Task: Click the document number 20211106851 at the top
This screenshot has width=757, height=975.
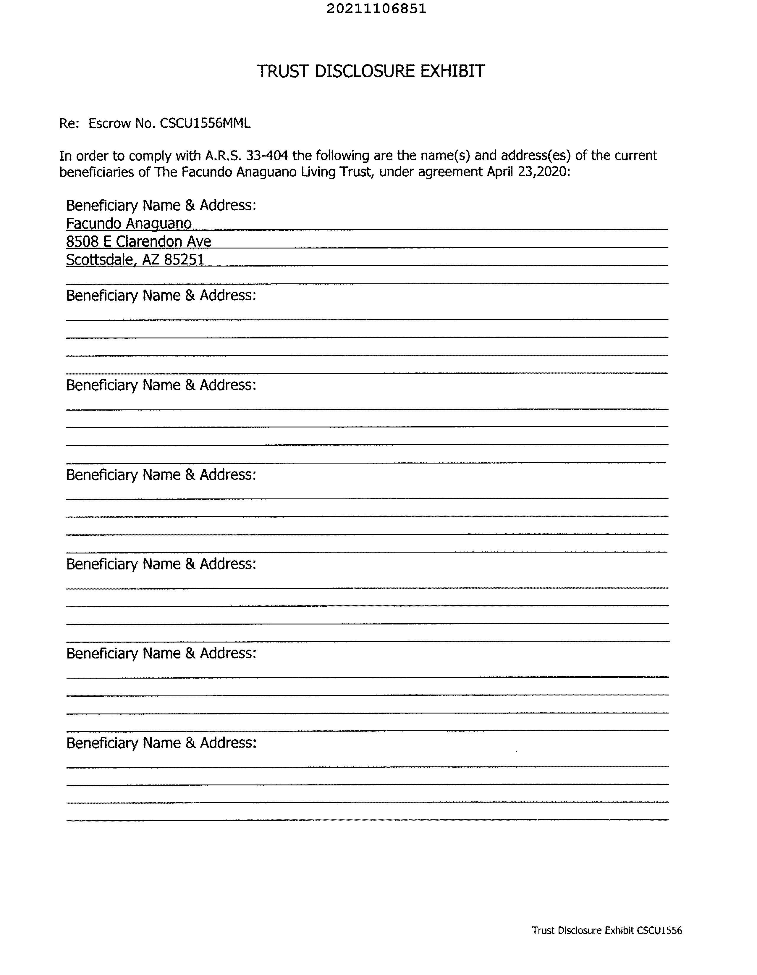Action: click(376, 9)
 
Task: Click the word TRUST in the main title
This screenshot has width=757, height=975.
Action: click(282, 71)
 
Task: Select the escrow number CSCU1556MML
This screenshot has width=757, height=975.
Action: click(205, 123)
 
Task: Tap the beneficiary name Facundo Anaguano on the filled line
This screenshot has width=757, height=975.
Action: click(129, 223)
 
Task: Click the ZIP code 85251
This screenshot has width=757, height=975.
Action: click(184, 259)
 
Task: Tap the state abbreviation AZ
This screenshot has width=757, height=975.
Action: click(151, 259)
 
